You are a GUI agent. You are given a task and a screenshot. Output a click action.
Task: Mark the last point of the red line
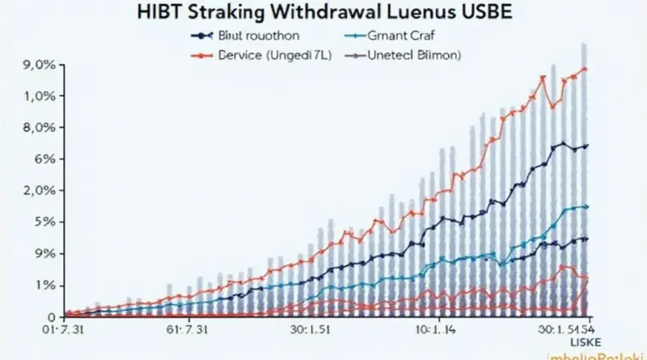pos(586,69)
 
